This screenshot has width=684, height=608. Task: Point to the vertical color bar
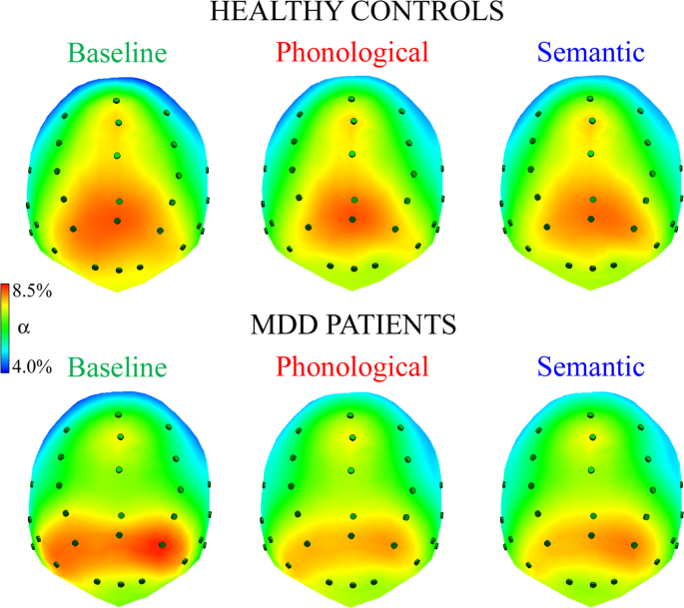click(9, 328)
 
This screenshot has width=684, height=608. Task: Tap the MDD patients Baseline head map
click(118, 499)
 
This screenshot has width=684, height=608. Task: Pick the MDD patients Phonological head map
click(351, 499)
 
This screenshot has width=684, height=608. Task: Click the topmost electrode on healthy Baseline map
click(118, 100)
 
